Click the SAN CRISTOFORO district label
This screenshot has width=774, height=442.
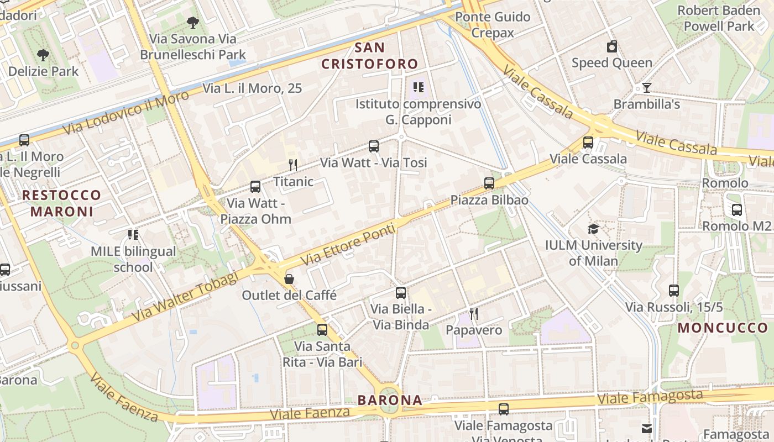[x=370, y=55]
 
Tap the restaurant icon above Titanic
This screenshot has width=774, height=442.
[x=293, y=165]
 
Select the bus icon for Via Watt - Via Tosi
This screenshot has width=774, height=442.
[x=374, y=146]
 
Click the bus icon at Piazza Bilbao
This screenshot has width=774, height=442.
[x=489, y=183]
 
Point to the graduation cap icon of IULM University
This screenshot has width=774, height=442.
[x=593, y=229]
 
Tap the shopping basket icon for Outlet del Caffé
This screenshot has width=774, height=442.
[x=289, y=279]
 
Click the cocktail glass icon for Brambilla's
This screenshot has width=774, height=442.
[x=646, y=88]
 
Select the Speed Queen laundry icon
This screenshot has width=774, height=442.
[x=611, y=46]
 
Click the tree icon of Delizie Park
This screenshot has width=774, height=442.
[x=43, y=55]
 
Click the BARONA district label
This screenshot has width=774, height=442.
[x=389, y=400]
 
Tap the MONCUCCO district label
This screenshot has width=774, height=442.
[x=723, y=328]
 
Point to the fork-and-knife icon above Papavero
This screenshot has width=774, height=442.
[x=474, y=314]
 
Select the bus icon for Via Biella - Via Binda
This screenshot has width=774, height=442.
[x=401, y=293]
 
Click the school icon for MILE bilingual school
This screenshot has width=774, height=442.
[x=133, y=235]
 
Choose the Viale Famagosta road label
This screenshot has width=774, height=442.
[x=650, y=397]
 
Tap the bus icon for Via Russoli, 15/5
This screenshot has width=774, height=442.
[x=673, y=290]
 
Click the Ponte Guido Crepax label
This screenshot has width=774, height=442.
[x=493, y=25]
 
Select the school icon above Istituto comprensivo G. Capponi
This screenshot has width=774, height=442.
[x=418, y=87]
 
